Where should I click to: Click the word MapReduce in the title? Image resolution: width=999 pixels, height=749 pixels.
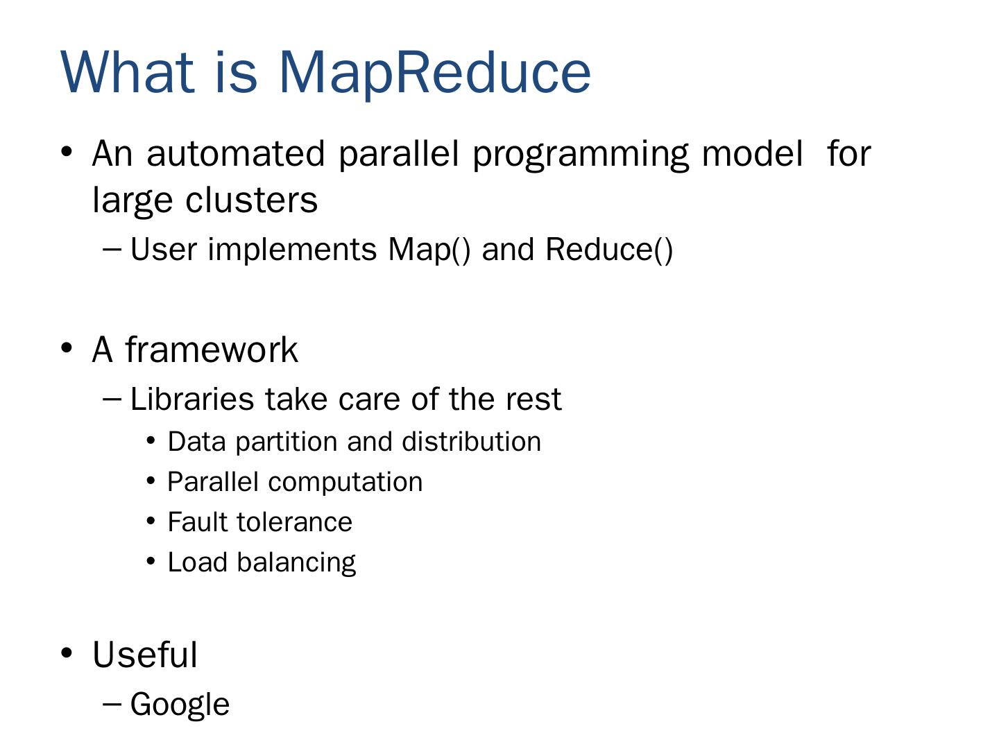pyautogui.click(x=434, y=74)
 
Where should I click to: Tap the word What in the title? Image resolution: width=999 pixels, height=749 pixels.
pyautogui.click(x=128, y=72)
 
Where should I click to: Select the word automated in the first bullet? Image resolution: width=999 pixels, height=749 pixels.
pyautogui.click(x=236, y=154)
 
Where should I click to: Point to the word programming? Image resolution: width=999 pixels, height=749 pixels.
pyautogui.click(x=581, y=156)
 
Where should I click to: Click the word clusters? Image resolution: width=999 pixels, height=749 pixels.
pyautogui.click(x=251, y=200)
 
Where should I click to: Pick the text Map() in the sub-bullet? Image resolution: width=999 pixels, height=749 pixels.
pyautogui.click(x=429, y=250)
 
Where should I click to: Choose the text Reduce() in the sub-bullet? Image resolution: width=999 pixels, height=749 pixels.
pyautogui.click(x=609, y=250)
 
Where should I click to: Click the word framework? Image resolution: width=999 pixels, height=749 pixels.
pyautogui.click(x=212, y=350)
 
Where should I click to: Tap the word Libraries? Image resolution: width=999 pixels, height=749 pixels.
pyautogui.click(x=192, y=399)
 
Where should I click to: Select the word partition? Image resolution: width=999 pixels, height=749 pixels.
pyautogui.click(x=285, y=442)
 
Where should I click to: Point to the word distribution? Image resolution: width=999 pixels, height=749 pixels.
pyautogui.click(x=471, y=442)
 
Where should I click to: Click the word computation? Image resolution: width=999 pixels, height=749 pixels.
pyautogui.click(x=345, y=483)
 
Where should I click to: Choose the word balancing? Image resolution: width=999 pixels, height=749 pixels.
pyautogui.click(x=296, y=563)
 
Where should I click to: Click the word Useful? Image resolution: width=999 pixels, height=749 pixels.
pyautogui.click(x=145, y=655)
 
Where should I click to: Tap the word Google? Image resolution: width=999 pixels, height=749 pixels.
pyautogui.click(x=180, y=705)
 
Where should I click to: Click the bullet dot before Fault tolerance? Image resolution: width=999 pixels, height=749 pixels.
pyautogui.click(x=151, y=521)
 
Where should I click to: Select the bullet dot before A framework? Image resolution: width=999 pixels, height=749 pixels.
pyautogui.click(x=67, y=348)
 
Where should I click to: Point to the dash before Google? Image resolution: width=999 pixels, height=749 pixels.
pyautogui.click(x=112, y=705)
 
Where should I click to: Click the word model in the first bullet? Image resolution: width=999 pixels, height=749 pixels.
pyautogui.click(x=752, y=154)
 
